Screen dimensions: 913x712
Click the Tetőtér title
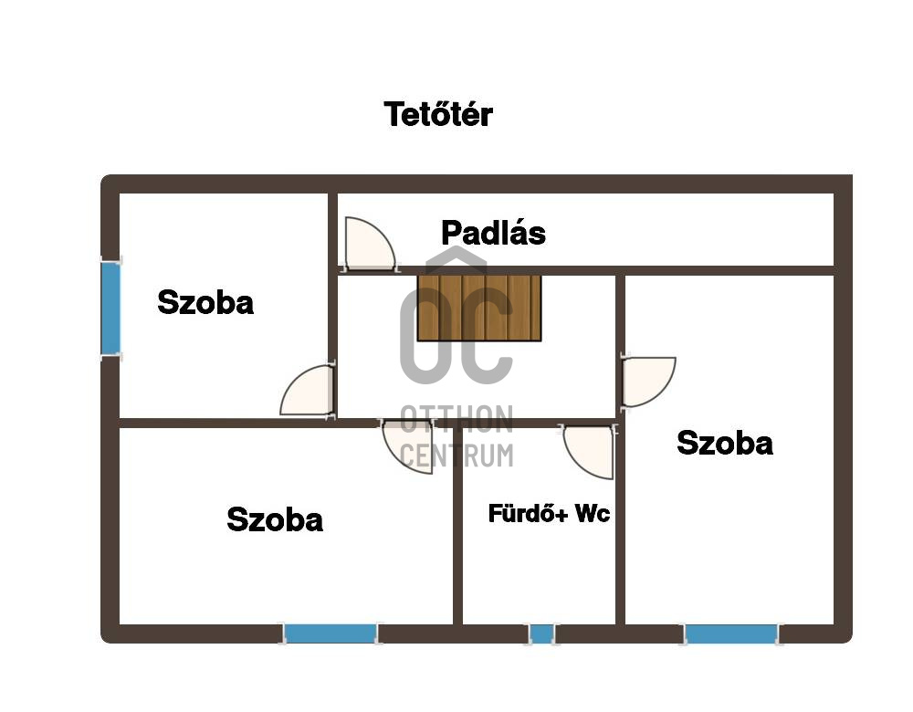(x=438, y=114)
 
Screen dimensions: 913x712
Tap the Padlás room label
(x=493, y=233)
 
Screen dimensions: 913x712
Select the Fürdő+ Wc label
(x=549, y=514)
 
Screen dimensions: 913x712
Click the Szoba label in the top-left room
(x=205, y=303)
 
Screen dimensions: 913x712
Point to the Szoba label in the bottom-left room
(x=275, y=519)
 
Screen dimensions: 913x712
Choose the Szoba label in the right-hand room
(x=725, y=443)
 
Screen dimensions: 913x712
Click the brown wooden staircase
(x=479, y=308)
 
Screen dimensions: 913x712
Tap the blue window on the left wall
(x=110, y=308)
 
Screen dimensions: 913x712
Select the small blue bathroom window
(x=541, y=633)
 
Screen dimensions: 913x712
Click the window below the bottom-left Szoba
(x=331, y=633)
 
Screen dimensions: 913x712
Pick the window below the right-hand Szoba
(x=731, y=633)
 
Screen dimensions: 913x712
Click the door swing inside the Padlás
(x=370, y=244)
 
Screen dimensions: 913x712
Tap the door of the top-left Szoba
(x=308, y=391)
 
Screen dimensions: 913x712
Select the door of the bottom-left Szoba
(x=407, y=446)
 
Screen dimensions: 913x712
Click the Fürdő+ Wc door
(x=589, y=452)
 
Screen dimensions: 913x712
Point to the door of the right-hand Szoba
(x=648, y=382)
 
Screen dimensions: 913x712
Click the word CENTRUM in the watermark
(x=457, y=455)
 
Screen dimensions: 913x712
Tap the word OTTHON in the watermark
(x=457, y=419)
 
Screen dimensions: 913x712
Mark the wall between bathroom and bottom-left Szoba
(x=457, y=526)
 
